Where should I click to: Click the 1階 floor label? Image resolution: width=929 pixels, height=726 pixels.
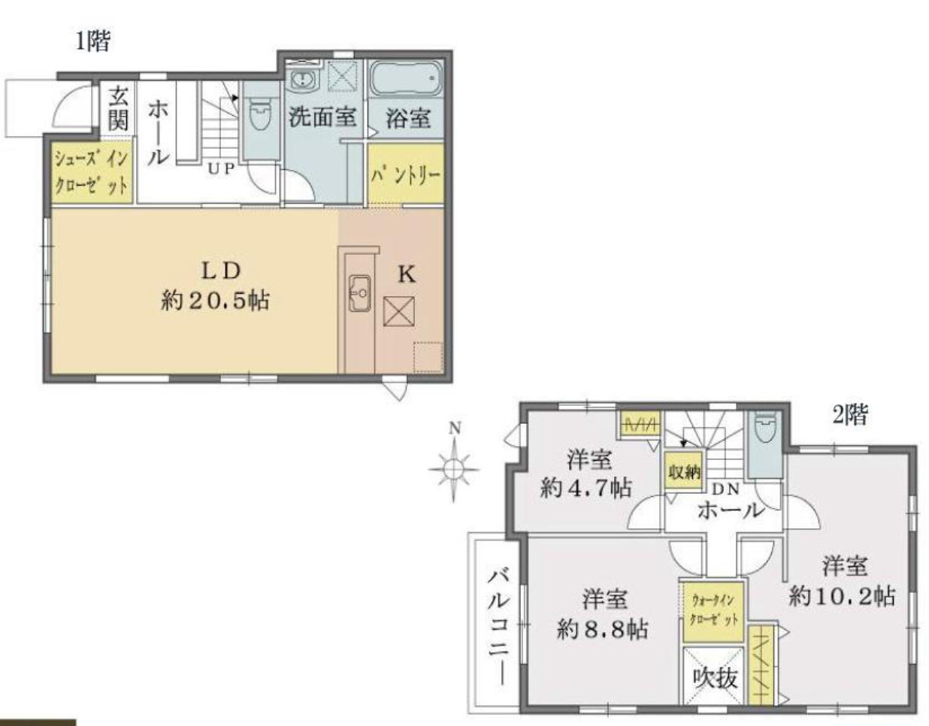(93, 41)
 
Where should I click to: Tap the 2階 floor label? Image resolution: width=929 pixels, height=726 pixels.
(850, 415)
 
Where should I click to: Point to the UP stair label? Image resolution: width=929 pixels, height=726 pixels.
(221, 169)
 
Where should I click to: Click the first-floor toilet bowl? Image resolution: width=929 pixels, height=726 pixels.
(260, 113)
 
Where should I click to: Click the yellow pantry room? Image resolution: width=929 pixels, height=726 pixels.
(406, 174)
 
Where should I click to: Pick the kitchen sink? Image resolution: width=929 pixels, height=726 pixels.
(360, 293)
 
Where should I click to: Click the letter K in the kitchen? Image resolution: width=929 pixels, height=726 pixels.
(406, 274)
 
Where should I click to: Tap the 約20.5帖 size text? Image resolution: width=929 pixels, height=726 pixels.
(215, 301)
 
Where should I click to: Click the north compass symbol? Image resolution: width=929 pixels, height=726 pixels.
(455, 469)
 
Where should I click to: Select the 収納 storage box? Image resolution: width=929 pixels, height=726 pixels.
(684, 471)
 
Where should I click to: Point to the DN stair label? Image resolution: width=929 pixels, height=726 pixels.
(726, 489)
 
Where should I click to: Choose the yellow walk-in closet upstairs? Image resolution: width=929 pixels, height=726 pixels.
(713, 612)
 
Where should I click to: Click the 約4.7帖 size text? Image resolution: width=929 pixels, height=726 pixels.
(586, 487)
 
